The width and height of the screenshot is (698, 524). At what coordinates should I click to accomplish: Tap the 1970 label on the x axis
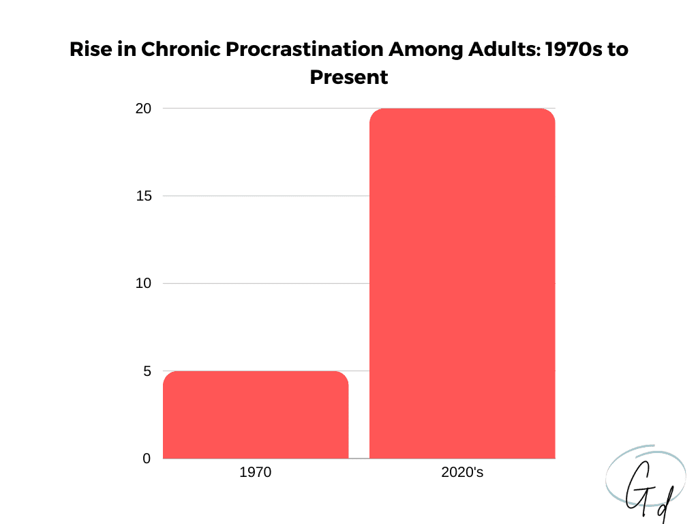tap(256, 472)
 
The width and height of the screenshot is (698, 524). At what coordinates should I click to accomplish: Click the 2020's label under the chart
tap(462, 472)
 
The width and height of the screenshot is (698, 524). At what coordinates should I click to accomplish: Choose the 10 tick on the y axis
tap(143, 283)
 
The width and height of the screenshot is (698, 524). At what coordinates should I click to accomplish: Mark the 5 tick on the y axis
tap(147, 371)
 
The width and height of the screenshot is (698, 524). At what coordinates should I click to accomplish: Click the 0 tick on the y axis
tap(147, 458)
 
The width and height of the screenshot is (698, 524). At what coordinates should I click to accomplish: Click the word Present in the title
tap(348, 77)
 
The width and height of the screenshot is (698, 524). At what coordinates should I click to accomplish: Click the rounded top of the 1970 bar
tap(256, 374)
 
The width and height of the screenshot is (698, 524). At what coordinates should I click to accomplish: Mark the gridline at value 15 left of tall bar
tap(266, 196)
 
